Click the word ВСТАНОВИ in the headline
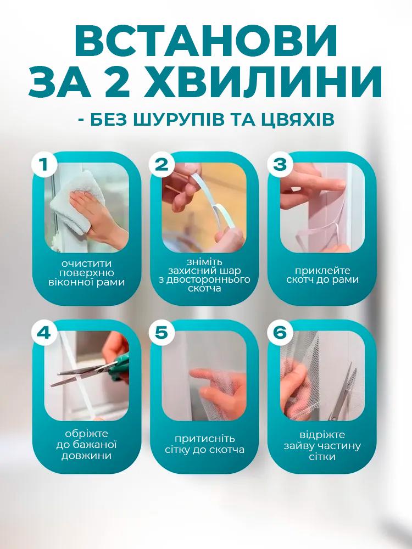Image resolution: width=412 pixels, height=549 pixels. [206, 40]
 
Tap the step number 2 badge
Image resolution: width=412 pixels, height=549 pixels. [161, 165]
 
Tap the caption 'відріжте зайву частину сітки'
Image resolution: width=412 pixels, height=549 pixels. [322, 446]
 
